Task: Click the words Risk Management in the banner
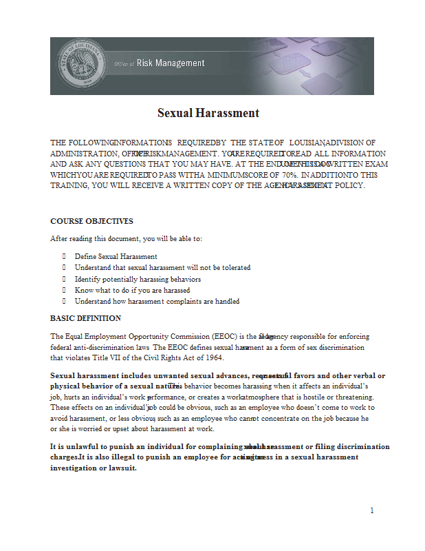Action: (x=171, y=63)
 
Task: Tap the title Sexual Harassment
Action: (x=208, y=113)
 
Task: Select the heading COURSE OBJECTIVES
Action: (x=91, y=221)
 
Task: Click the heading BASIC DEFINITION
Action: (x=85, y=318)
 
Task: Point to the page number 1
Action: (x=371, y=510)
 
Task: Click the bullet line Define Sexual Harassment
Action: (x=116, y=256)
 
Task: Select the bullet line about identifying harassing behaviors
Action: (x=138, y=279)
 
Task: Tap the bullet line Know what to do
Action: (x=122, y=290)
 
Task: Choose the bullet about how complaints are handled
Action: (x=157, y=301)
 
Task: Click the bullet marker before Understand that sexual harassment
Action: (x=64, y=267)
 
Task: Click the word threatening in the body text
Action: (x=353, y=397)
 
